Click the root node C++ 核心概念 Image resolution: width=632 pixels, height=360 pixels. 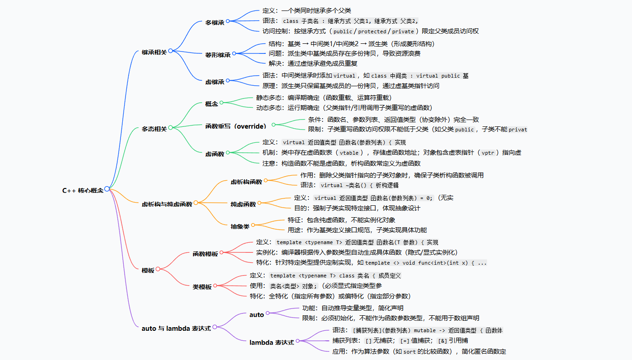(x=83, y=190)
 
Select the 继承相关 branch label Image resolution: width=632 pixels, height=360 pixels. (x=154, y=52)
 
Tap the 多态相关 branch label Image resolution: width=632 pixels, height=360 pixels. (x=154, y=129)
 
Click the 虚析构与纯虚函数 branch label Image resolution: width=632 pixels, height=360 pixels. (x=167, y=204)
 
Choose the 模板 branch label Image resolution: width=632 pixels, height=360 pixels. (x=148, y=270)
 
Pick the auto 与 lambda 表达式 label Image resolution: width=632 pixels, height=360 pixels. (x=176, y=328)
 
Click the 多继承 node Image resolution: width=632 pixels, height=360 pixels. (x=215, y=22)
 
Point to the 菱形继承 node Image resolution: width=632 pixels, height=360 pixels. (x=218, y=55)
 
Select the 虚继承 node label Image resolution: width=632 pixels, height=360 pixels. (x=215, y=82)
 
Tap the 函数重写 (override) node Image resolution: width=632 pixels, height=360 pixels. (x=236, y=125)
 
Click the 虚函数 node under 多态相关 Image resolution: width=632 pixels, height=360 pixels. (x=215, y=154)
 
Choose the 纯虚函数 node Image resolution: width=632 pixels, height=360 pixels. (x=243, y=204)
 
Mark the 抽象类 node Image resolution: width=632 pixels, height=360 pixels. (x=240, y=225)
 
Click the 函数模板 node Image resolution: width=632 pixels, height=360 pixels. (x=205, y=253)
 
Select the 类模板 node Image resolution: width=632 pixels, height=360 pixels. (x=202, y=287)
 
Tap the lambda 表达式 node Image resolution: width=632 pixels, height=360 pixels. (x=272, y=342)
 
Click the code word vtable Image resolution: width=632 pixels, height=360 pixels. (x=349, y=153)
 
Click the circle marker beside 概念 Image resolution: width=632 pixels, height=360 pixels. (x=222, y=103)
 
